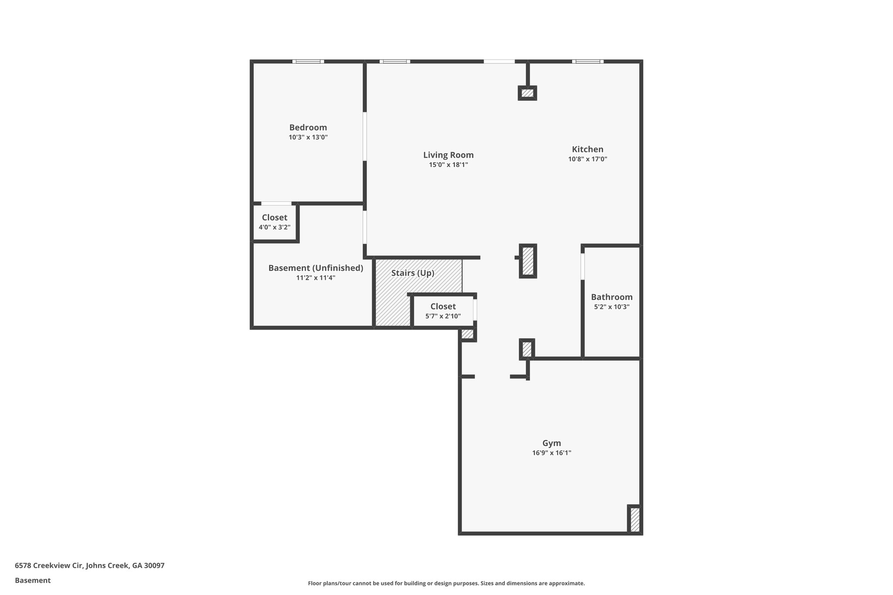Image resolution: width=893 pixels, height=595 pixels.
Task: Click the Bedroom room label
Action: coord(308,128)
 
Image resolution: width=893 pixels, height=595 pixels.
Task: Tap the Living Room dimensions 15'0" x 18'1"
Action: coord(448,165)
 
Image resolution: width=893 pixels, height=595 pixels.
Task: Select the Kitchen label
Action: coord(587,150)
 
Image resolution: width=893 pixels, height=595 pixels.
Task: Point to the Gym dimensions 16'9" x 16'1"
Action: coord(551,453)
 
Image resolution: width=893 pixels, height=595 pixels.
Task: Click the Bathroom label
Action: coord(611,297)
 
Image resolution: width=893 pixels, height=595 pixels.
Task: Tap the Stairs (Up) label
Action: coord(412,273)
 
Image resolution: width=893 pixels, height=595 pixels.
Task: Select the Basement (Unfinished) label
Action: coord(315,268)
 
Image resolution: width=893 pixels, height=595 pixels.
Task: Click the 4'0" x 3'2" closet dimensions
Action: coord(274,227)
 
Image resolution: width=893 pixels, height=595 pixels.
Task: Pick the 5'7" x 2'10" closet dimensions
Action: coord(443,316)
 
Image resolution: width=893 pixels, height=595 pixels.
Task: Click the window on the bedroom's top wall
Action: coord(308,61)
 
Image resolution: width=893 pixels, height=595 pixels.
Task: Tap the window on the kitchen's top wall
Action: coord(588,61)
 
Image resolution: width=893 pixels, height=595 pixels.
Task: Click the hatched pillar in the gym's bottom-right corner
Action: coord(635,519)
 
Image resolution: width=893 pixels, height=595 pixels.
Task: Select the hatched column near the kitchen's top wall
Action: coord(527,93)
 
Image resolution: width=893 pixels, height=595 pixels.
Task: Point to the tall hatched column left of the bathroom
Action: coord(528,261)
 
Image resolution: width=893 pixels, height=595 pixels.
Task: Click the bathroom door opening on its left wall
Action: coord(583,266)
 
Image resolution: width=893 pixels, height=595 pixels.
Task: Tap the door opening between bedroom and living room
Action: coord(365,136)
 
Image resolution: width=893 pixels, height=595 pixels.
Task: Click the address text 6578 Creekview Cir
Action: coord(89,566)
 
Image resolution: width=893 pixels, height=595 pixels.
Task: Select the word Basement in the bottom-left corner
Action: coord(33,581)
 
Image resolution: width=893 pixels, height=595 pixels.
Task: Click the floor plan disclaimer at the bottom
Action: coord(446,583)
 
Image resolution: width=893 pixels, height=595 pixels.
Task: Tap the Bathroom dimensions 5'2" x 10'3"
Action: coord(611,307)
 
